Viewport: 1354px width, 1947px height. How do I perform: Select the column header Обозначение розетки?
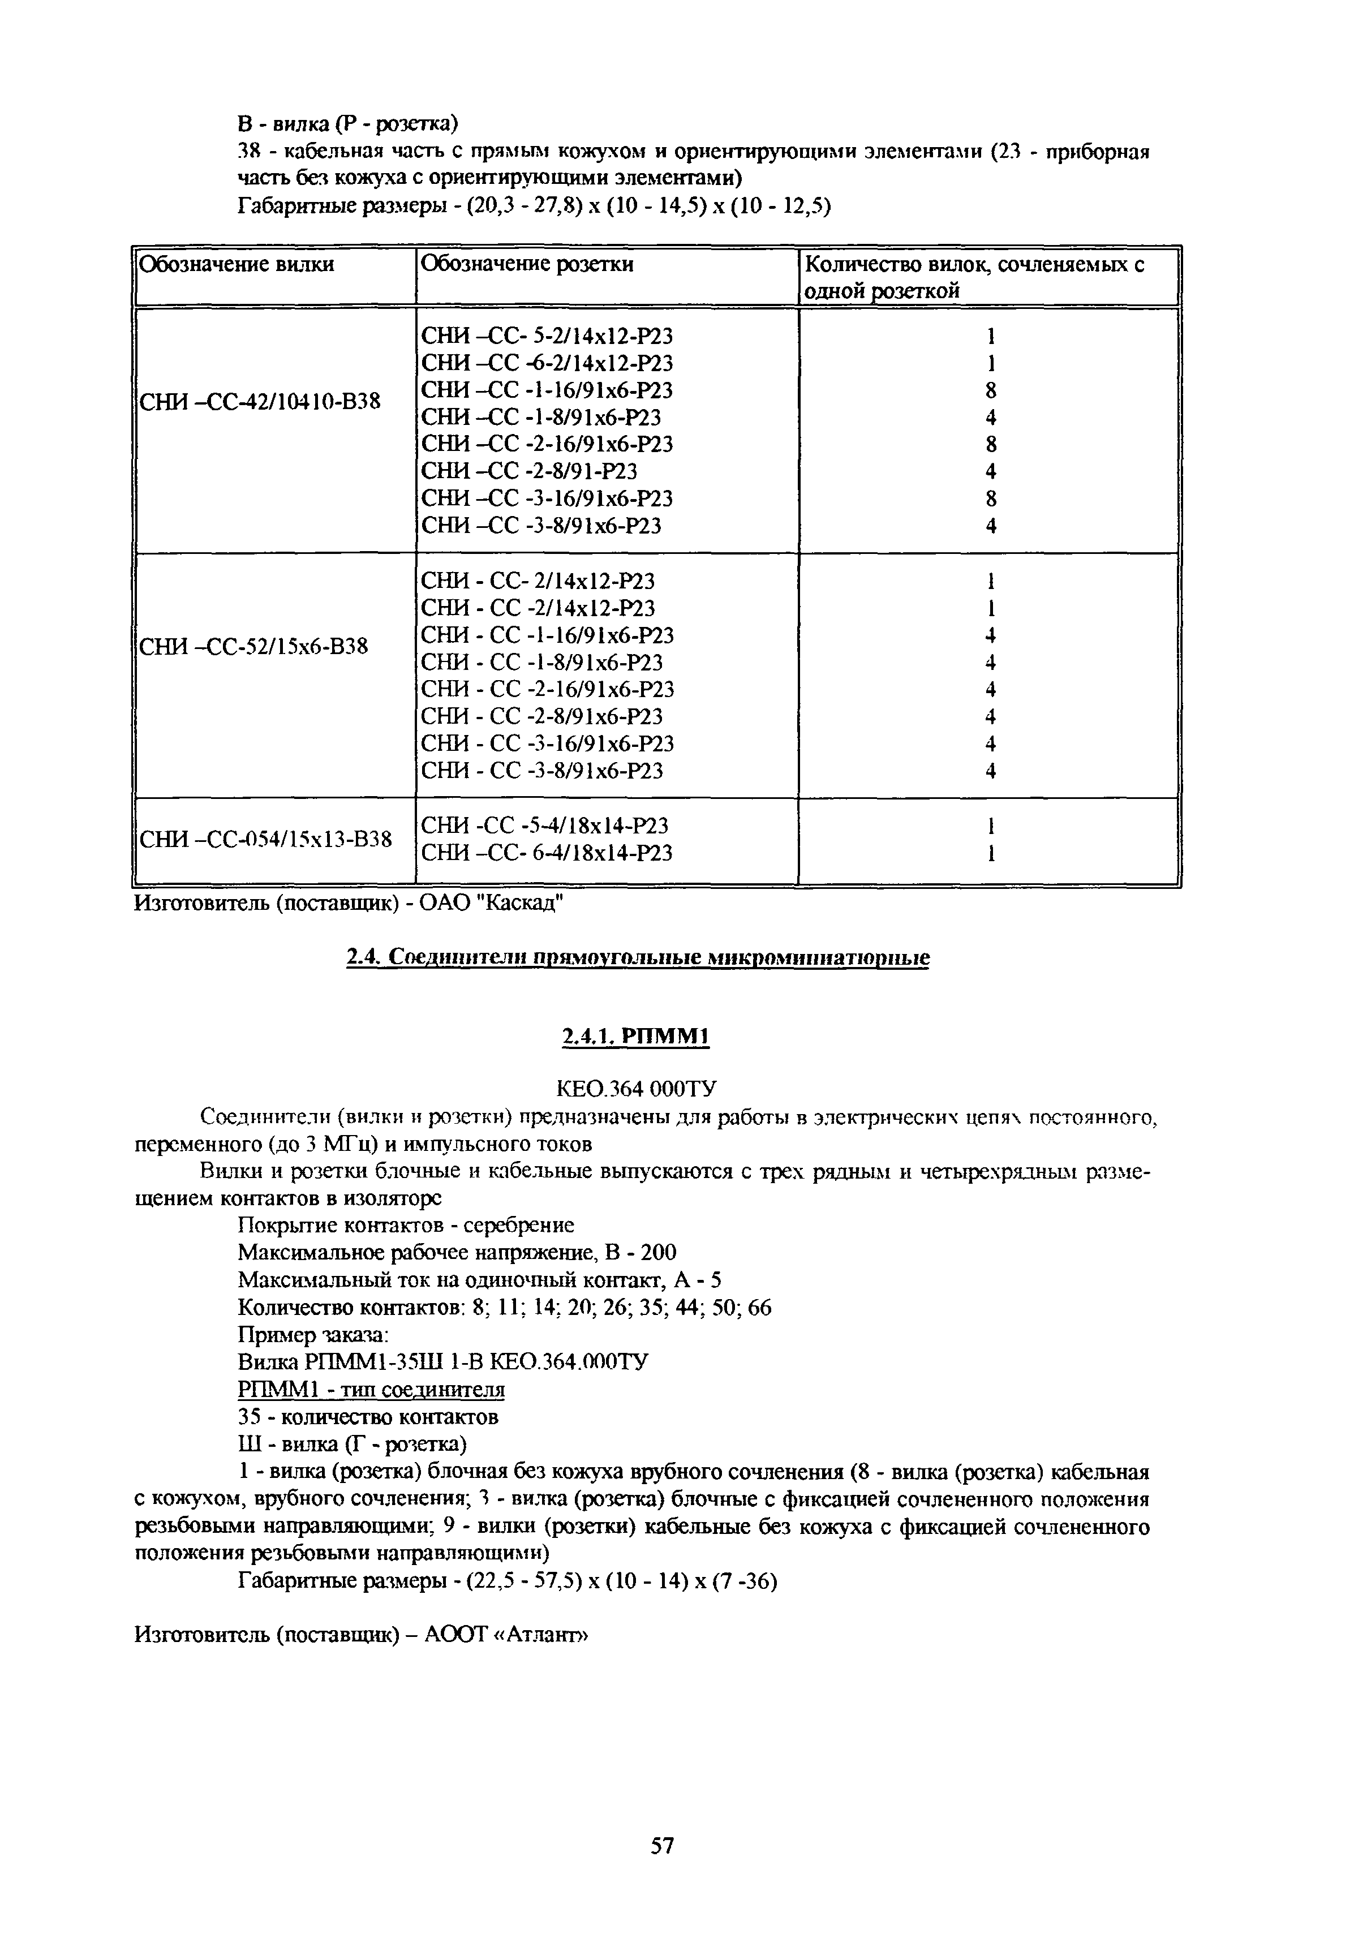click(x=527, y=265)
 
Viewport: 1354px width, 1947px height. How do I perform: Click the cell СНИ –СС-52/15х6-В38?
click(x=253, y=646)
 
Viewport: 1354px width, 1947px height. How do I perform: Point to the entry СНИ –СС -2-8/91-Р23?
click(x=528, y=471)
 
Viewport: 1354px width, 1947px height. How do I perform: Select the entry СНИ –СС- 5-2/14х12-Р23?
click(x=547, y=336)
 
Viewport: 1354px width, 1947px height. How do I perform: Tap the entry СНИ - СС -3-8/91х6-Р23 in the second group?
click(x=541, y=771)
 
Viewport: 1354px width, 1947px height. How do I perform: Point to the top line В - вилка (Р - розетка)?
click(x=347, y=124)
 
